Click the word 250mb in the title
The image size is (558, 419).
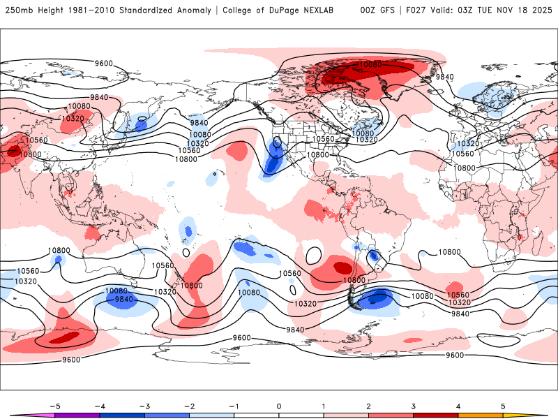click(x=19, y=10)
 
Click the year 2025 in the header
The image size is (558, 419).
click(x=543, y=10)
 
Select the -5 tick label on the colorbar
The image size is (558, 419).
click(x=55, y=405)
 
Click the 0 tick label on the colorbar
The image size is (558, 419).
click(x=279, y=405)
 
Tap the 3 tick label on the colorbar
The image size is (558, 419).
click(x=413, y=405)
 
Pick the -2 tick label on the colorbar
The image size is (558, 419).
click(x=189, y=405)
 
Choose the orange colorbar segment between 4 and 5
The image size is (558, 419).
click(x=481, y=415)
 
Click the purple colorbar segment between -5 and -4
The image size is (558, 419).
click(x=77, y=415)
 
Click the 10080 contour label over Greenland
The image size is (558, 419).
click(x=370, y=64)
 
